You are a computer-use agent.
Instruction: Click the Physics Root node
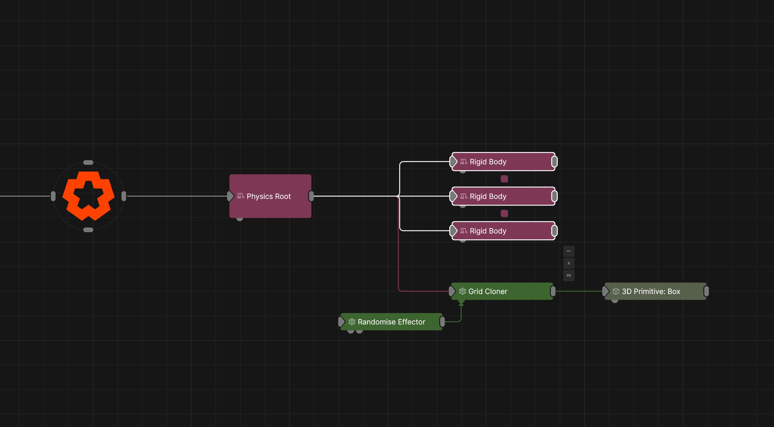click(270, 196)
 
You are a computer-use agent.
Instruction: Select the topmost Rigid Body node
click(503, 162)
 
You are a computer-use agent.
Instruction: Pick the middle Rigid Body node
click(503, 196)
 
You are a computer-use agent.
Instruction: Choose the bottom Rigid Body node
click(503, 231)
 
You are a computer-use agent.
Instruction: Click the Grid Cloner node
click(502, 291)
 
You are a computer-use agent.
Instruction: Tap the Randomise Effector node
click(391, 321)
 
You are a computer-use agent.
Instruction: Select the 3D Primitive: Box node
click(655, 291)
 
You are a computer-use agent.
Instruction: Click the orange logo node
click(88, 196)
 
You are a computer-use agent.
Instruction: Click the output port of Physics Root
click(311, 196)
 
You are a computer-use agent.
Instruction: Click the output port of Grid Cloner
click(553, 291)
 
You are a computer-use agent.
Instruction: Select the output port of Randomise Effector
click(442, 321)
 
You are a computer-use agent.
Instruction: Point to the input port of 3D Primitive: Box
click(606, 291)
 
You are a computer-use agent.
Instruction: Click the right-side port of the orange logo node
click(124, 196)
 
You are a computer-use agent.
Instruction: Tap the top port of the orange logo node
click(88, 162)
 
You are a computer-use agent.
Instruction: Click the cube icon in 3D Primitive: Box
click(616, 291)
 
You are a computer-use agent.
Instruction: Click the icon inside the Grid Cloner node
click(462, 291)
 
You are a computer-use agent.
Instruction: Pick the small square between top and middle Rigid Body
click(504, 179)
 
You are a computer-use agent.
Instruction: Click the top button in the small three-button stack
click(569, 251)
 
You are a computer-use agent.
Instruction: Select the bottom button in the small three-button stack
click(569, 275)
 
